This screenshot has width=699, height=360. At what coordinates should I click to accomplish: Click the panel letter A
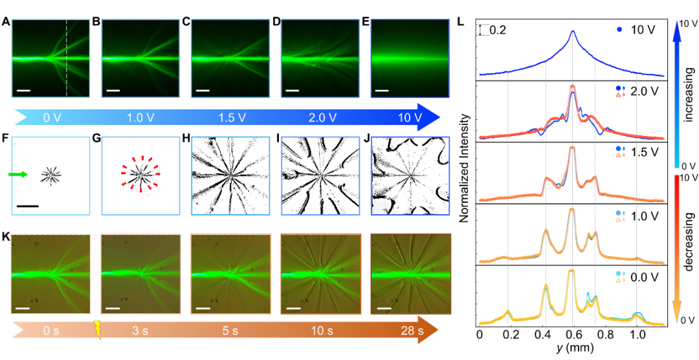(6, 21)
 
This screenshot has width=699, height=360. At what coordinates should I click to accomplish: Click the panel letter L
(460, 21)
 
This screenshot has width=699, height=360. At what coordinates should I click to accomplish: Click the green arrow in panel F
(17, 174)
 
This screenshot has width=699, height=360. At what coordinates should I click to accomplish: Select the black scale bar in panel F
(27, 205)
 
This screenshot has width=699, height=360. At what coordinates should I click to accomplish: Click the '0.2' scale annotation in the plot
(497, 30)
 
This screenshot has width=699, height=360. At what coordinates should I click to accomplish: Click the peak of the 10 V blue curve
(572, 31)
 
